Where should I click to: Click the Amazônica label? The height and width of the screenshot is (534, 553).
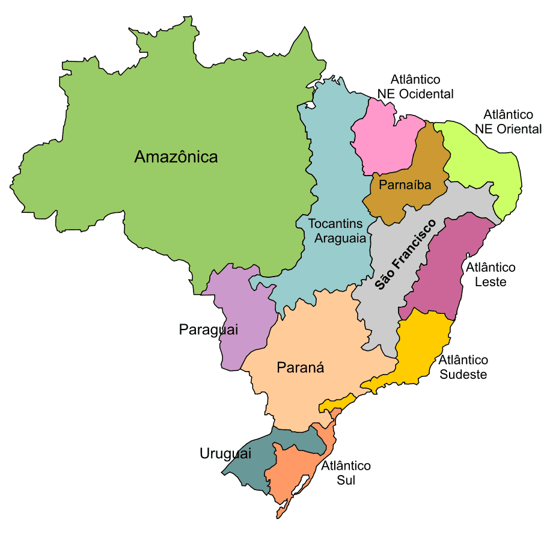point(176,158)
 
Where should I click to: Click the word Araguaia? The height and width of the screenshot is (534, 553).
point(340,238)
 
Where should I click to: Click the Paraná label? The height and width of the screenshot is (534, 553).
point(300,368)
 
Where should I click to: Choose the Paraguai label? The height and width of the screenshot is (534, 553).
point(209,330)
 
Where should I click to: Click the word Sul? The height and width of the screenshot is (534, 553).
point(346,480)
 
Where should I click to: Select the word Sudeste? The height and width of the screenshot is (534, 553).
point(463,374)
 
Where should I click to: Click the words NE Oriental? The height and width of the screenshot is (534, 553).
point(509,129)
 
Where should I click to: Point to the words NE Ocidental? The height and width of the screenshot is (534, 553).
point(415,94)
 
